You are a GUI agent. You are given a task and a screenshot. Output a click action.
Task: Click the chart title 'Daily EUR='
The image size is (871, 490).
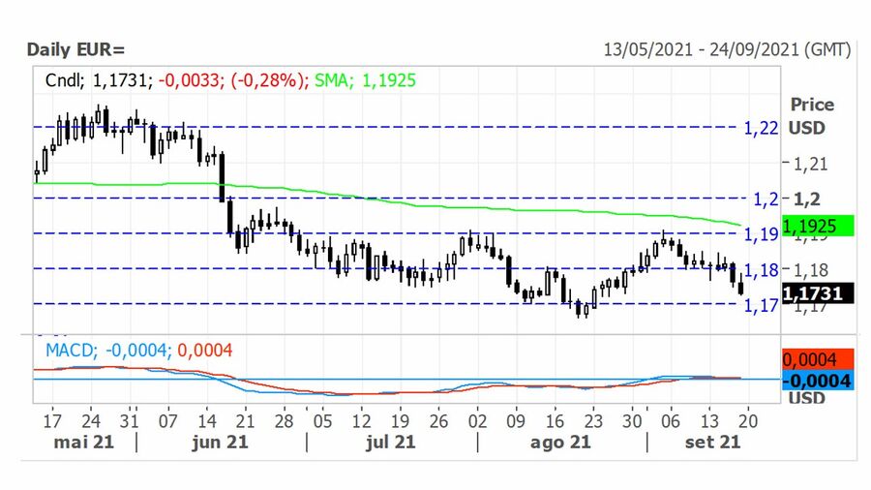(75, 49)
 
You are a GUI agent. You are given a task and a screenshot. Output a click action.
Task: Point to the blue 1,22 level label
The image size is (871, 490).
(761, 127)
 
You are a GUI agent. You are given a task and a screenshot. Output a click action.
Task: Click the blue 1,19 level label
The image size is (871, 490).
(761, 233)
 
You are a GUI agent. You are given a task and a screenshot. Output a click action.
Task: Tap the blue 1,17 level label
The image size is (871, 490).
(761, 305)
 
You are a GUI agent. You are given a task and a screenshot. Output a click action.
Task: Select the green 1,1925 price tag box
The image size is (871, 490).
(817, 226)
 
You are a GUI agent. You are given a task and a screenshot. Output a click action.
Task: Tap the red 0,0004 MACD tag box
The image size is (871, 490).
(817, 358)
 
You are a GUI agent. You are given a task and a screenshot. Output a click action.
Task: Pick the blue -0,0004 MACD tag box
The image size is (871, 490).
(817, 381)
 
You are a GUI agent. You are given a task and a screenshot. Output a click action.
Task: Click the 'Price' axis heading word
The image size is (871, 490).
(811, 105)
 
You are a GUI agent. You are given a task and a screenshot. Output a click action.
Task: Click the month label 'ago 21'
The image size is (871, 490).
(561, 442)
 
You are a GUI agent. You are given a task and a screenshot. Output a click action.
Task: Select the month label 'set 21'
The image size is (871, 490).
(713, 442)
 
